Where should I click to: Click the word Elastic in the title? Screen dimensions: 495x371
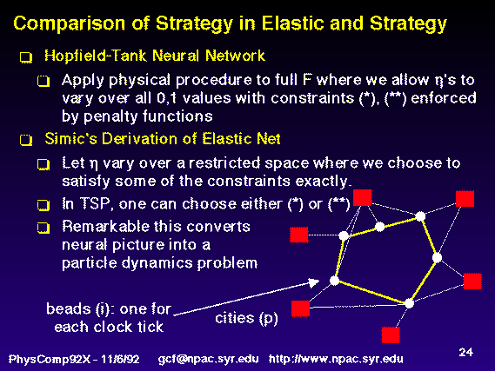[292, 23]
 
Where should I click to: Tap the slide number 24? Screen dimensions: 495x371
[466, 352]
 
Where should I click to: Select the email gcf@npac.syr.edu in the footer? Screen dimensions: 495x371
[208, 359]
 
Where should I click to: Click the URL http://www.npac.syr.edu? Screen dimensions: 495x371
[336, 359]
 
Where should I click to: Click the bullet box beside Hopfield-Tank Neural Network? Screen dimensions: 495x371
[26, 57]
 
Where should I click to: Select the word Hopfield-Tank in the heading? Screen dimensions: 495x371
[96, 56]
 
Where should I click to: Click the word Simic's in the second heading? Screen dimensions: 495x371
[70, 139]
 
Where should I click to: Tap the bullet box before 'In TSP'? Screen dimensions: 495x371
[43, 205]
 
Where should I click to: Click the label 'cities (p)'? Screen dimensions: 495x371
[246, 318]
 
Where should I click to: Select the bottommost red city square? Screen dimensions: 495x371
[391, 335]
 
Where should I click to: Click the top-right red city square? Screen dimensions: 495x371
[465, 199]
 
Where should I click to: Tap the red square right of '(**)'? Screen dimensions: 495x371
[363, 198]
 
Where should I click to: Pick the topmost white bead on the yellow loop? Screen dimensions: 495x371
[420, 216]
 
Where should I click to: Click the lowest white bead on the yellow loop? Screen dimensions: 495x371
[409, 303]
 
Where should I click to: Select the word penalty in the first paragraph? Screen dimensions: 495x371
[111, 116]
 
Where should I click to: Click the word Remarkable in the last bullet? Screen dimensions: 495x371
[103, 227]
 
